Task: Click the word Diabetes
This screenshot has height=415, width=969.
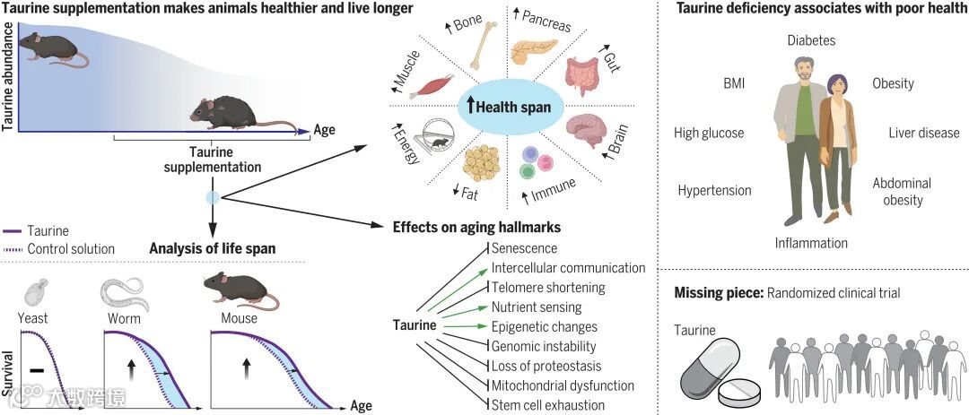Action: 811,40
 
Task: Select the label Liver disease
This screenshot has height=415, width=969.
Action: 923,133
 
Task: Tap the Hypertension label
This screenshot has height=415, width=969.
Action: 714,190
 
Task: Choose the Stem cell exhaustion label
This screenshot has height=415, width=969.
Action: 547,405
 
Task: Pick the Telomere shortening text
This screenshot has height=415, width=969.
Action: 547,288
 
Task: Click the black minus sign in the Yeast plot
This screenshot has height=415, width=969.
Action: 36,368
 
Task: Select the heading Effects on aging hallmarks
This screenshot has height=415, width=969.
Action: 477,227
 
